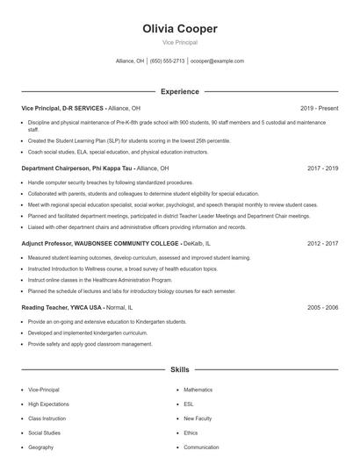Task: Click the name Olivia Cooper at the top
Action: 179,29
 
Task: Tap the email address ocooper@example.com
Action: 217,61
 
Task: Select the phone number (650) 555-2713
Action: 167,61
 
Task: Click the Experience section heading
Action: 179,91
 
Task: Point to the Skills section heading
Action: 179,371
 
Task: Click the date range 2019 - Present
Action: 319,108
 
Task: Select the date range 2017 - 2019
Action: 322,167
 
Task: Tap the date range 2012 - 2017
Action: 322,243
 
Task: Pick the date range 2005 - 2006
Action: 322,308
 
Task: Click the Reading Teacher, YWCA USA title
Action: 61,308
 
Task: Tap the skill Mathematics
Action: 198,389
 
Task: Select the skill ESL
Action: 189,404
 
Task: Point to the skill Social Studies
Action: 46,433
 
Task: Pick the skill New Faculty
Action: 198,418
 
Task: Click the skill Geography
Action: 41,447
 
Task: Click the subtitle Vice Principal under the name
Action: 179,42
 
